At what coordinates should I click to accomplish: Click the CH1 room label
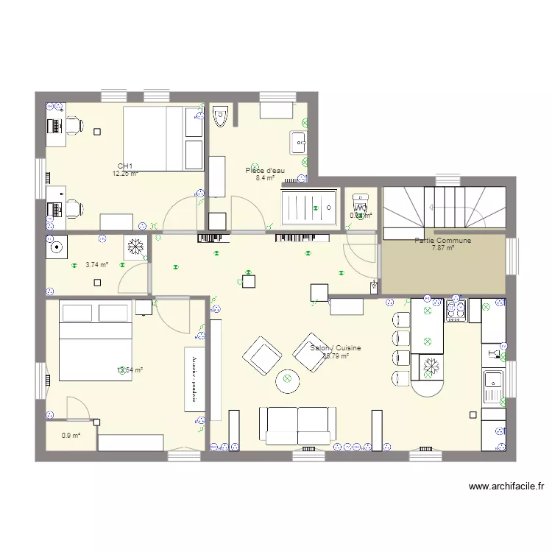click(125, 166)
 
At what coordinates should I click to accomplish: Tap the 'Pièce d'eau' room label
click(265, 171)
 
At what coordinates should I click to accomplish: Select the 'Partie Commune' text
click(442, 241)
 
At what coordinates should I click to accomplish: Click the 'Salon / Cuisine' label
click(336, 348)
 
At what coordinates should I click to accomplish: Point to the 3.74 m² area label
click(96, 265)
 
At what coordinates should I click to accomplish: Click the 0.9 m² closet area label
click(71, 435)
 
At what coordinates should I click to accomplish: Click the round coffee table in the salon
click(288, 381)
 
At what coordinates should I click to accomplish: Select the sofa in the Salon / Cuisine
click(298, 425)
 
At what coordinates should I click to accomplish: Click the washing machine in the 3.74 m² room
click(57, 247)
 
